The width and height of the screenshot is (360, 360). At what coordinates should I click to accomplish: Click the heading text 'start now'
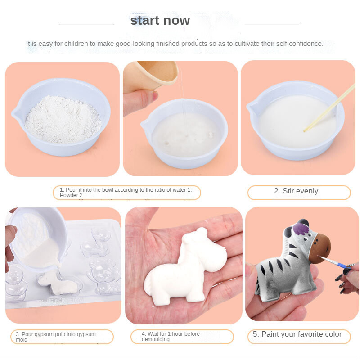pos(160,20)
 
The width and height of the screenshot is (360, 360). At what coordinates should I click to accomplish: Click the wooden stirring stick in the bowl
pos(329,108)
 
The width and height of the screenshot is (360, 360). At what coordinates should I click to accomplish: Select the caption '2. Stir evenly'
pos(296,191)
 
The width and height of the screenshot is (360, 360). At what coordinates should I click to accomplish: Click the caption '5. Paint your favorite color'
pos(297,334)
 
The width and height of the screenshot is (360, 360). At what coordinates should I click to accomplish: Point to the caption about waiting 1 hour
pos(171,336)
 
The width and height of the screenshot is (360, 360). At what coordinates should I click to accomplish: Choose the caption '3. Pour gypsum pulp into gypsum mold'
pos(56,337)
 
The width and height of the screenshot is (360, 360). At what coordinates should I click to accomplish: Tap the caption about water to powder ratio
pos(126,193)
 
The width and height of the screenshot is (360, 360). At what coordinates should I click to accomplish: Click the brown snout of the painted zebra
pos(320,248)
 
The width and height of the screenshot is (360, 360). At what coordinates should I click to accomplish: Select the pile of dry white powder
pos(63,119)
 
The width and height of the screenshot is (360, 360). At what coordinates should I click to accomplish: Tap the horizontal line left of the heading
pos(86,25)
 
